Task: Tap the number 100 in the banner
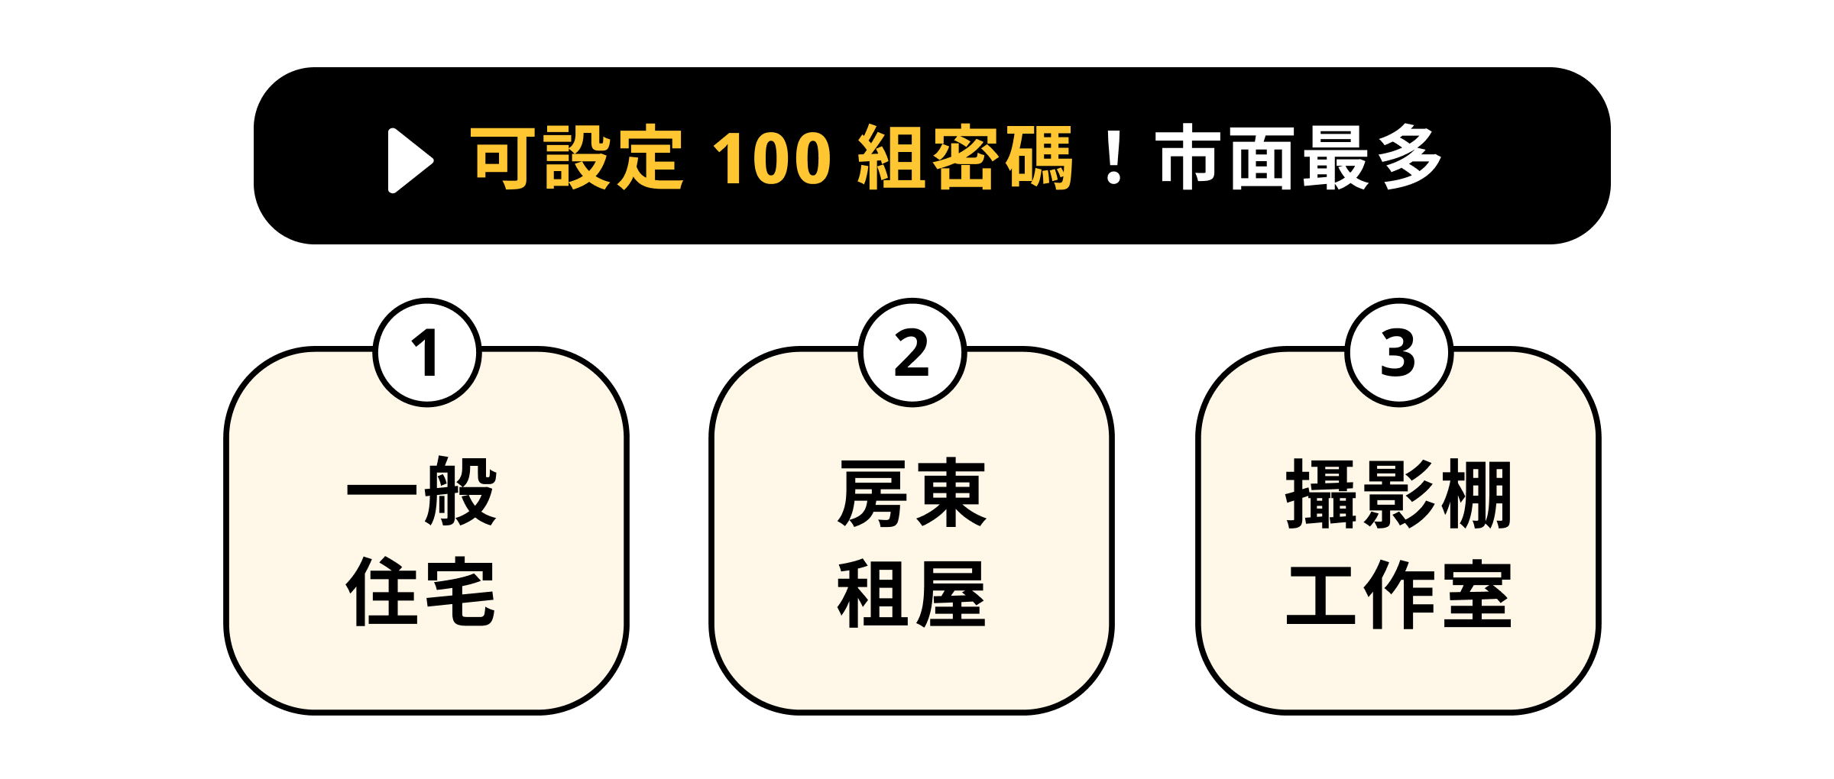(772, 158)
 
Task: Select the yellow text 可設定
(576, 157)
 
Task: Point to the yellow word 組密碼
(965, 157)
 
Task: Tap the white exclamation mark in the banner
(1114, 157)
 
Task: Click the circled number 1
(427, 353)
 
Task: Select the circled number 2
(912, 353)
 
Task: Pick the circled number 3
(1398, 353)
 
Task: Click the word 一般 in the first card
(422, 491)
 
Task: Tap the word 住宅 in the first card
(421, 592)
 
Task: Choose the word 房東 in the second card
(912, 493)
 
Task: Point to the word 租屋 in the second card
(912, 593)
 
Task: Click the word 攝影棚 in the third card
(1398, 493)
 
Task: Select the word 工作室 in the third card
(1398, 593)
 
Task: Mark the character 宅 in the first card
(461, 592)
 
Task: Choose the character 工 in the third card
(1322, 596)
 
